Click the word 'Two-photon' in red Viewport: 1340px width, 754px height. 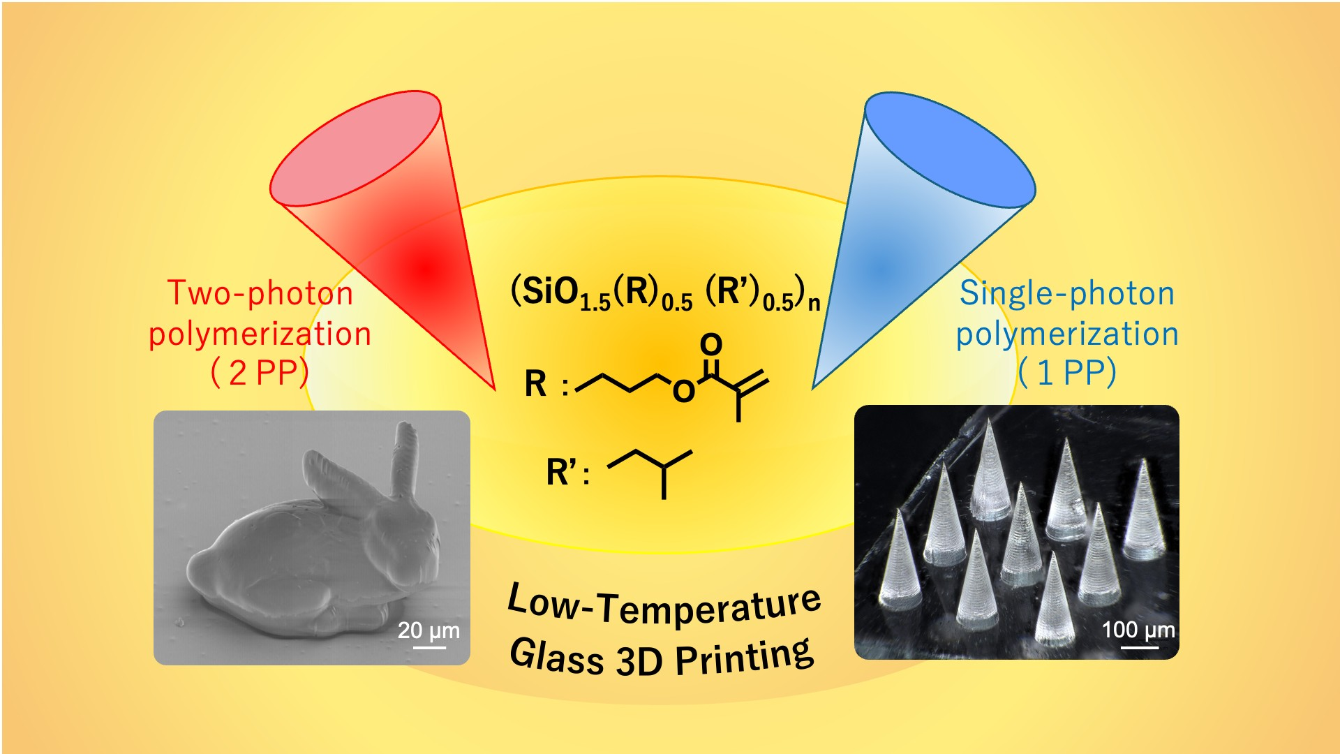tap(260, 293)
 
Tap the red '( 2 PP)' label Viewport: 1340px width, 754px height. tap(260, 373)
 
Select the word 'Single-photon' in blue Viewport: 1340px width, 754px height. tap(1066, 293)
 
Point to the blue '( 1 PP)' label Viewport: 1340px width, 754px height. tap(1066, 373)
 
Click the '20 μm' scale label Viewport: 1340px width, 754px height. tap(429, 630)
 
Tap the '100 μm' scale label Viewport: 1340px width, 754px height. tap(1138, 630)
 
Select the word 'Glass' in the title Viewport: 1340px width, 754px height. tap(556, 656)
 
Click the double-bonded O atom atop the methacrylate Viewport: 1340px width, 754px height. tap(710, 343)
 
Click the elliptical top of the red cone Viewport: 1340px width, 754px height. tap(355, 148)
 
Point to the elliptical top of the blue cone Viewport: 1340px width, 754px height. tap(949, 149)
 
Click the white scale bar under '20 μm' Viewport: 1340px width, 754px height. tap(429, 647)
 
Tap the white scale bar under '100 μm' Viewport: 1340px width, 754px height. tap(1139, 647)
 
